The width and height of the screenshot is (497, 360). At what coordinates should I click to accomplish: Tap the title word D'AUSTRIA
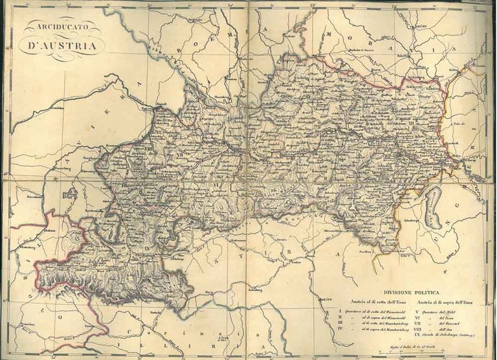click(60, 46)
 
